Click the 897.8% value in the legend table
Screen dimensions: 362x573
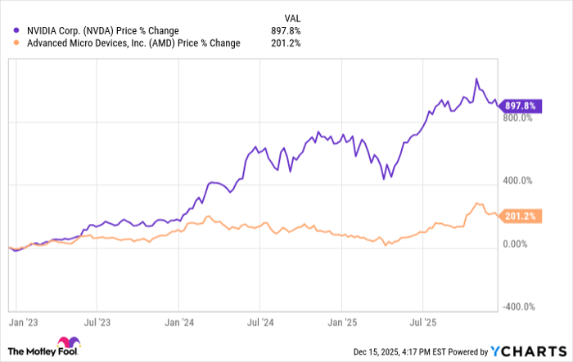286,31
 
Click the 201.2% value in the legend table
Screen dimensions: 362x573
286,43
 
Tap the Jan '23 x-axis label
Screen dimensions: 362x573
23,324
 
